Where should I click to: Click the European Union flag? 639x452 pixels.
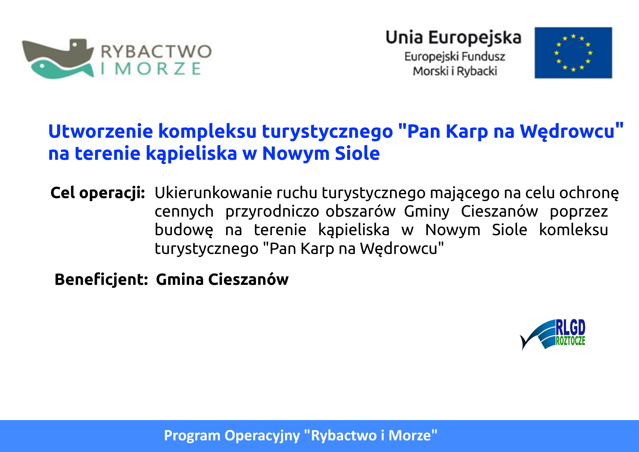[x=573, y=53]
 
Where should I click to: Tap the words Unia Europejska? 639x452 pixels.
[x=453, y=38]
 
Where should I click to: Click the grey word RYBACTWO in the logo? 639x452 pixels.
[x=156, y=51]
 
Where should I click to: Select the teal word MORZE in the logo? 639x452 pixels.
[x=157, y=69]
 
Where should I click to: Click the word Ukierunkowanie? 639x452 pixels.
[x=213, y=193]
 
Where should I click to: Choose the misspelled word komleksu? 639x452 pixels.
[x=573, y=230]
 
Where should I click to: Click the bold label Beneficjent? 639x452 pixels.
[x=101, y=280]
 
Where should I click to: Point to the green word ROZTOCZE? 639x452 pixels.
[x=571, y=341]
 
